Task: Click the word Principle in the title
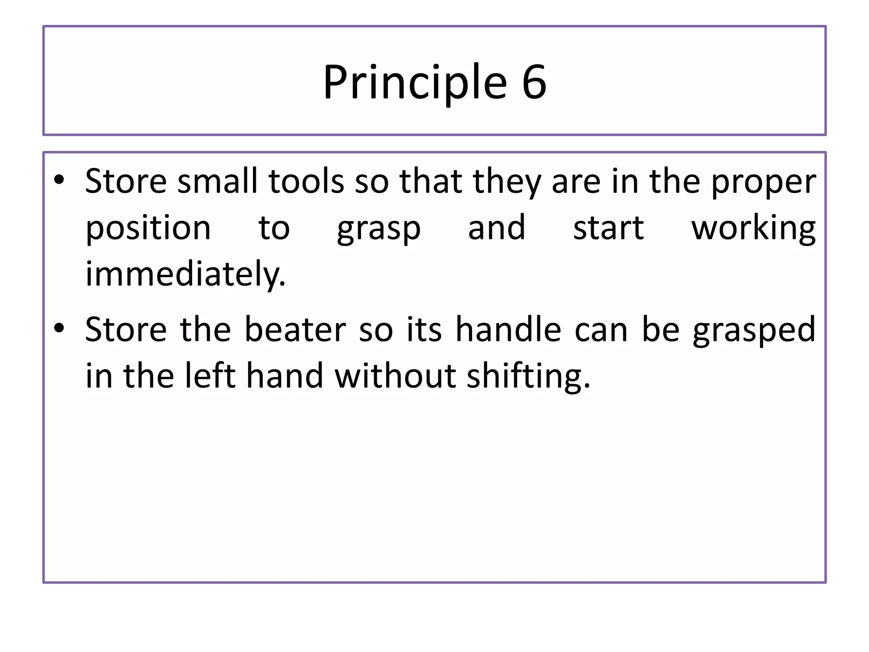pos(415,81)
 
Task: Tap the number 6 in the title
pos(534,81)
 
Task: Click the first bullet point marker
pos(59,180)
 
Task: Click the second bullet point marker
pos(59,328)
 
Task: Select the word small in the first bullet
pos(217,181)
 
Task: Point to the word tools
pos(306,181)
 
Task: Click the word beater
pos(295,330)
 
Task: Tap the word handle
pos(508,330)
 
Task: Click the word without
pos(395,376)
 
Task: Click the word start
pos(608,228)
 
